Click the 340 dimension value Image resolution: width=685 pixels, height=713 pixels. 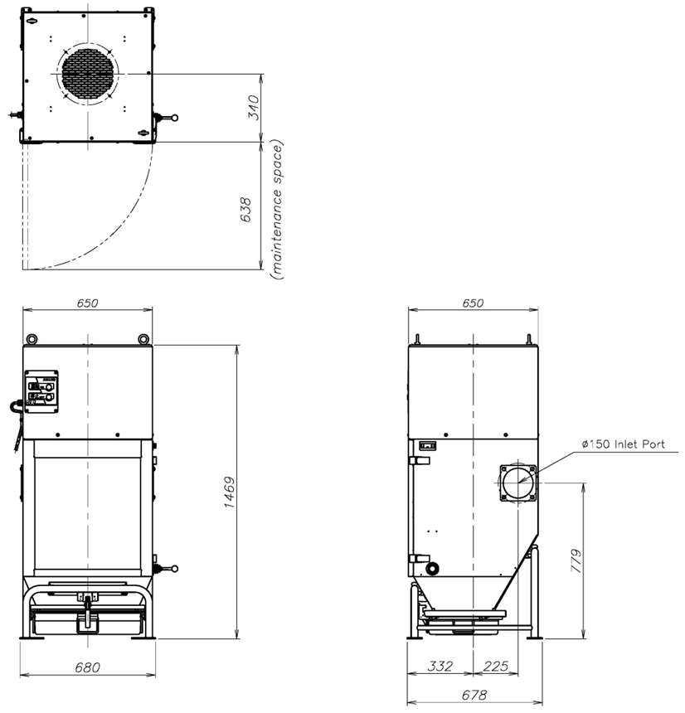254,107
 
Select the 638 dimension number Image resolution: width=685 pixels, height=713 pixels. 245,210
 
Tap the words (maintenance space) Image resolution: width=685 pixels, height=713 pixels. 277,210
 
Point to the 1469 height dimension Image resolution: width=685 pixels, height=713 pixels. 230,492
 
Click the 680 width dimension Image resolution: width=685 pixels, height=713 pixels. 87,667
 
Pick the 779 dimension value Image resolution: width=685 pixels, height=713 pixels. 576,560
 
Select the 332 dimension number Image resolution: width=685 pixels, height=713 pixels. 440,667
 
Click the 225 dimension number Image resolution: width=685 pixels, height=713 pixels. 496,667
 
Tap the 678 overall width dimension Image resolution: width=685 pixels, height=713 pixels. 474,695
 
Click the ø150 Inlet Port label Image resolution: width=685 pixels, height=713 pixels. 623,444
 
